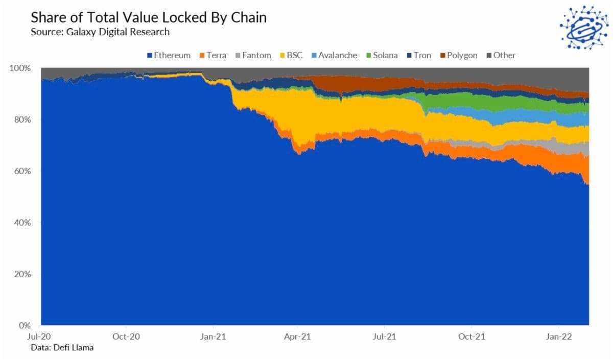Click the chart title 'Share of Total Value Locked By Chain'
[149, 18]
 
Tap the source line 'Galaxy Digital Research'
[100, 32]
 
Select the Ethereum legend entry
[169, 55]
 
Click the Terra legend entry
[213, 55]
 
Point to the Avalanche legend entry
[334, 55]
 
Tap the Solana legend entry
[382, 55]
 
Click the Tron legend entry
[419, 55]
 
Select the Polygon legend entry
[458, 55]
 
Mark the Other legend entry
[500, 55]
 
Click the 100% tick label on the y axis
[22, 68]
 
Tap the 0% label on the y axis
[26, 325]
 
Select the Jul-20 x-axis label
[40, 337]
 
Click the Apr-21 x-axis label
[299, 337]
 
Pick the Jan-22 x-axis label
[559, 337]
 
